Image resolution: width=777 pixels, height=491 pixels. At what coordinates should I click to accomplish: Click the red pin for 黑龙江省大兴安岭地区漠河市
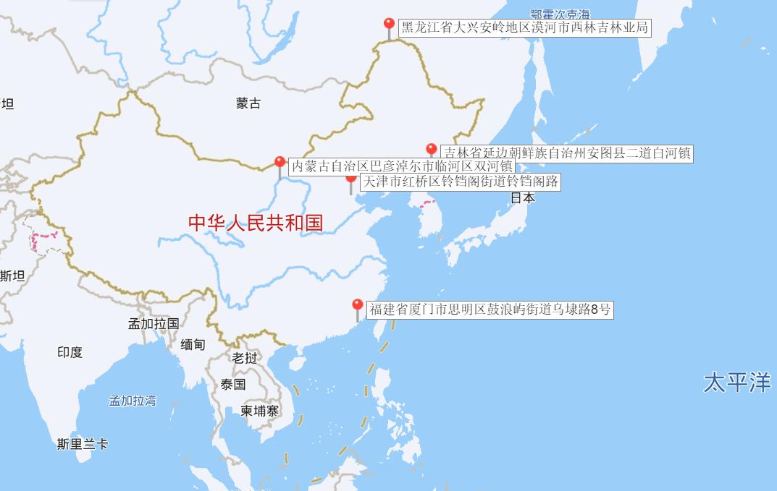tap(389, 25)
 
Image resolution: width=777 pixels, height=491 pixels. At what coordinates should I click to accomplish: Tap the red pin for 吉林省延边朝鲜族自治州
tap(432, 150)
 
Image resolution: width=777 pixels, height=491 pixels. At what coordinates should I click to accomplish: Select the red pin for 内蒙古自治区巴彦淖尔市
tap(280, 163)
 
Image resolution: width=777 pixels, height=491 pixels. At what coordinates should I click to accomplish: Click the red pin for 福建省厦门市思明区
tap(357, 306)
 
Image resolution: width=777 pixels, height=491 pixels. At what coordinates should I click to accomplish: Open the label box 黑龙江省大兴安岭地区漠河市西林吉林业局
tap(524, 28)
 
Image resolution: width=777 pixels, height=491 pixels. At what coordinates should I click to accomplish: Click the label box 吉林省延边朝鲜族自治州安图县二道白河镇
tap(567, 153)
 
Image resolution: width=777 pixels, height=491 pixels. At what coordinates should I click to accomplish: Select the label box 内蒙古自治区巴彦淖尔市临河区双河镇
tap(402, 166)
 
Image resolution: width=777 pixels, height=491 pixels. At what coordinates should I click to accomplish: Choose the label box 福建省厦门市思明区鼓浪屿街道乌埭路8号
tap(490, 310)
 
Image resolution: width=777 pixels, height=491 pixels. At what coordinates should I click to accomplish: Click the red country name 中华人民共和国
tap(256, 223)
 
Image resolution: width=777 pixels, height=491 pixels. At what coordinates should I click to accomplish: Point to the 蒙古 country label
tap(248, 103)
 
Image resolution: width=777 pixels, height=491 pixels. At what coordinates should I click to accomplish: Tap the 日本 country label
tap(523, 197)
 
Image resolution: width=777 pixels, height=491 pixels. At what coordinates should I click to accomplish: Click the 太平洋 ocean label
tap(736, 382)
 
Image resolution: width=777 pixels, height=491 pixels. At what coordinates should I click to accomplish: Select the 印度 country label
tap(70, 352)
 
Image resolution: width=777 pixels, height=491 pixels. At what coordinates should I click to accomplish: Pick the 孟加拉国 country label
tap(154, 323)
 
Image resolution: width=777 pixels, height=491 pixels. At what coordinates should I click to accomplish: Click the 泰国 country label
tap(233, 384)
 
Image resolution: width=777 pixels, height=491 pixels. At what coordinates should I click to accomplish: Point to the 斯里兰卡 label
tap(83, 444)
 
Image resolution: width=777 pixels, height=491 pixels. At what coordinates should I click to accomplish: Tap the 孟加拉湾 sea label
tap(133, 400)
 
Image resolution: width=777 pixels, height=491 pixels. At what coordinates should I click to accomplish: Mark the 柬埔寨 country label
tap(260, 411)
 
